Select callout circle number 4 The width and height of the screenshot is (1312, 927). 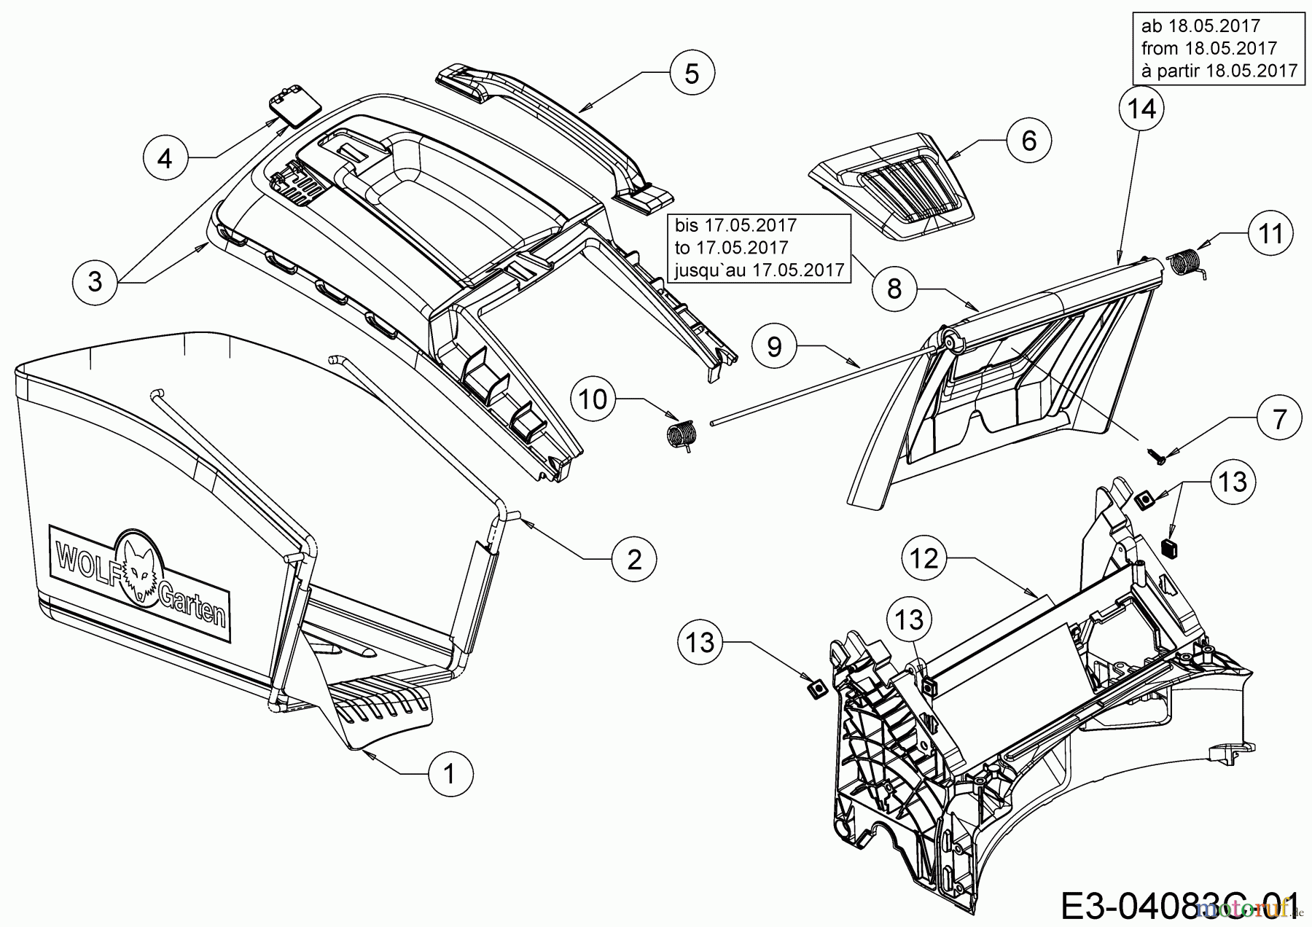165,157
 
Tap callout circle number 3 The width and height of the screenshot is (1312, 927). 95,281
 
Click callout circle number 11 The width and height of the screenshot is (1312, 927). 1270,234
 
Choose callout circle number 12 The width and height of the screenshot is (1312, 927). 926,558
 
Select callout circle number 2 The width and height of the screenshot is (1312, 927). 634,559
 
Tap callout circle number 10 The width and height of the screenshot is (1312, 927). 594,399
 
